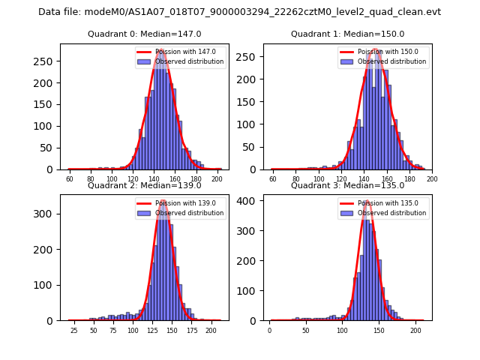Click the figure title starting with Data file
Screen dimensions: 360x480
[x=239, y=12]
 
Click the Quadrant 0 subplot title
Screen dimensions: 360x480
[x=144, y=34]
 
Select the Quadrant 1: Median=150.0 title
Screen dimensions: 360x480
[x=347, y=34]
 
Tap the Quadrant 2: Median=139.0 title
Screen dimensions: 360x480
[x=144, y=185]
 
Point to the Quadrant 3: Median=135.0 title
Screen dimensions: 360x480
[x=347, y=185]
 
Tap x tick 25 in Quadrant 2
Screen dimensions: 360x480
[x=73, y=331]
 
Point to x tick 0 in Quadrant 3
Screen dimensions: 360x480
[x=270, y=331]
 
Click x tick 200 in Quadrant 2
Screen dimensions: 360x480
[x=211, y=331]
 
